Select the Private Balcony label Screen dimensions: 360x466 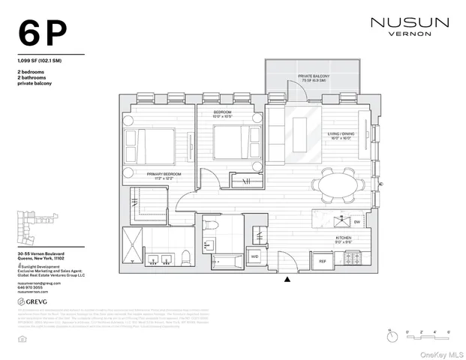[315, 79]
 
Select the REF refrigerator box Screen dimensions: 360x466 [322, 261]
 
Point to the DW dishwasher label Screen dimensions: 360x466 [356, 223]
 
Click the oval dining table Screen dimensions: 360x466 [335, 184]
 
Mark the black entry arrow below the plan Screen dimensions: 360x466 [287, 280]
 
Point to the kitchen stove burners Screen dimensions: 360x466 [352, 260]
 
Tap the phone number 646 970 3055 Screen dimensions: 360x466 [31, 286]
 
